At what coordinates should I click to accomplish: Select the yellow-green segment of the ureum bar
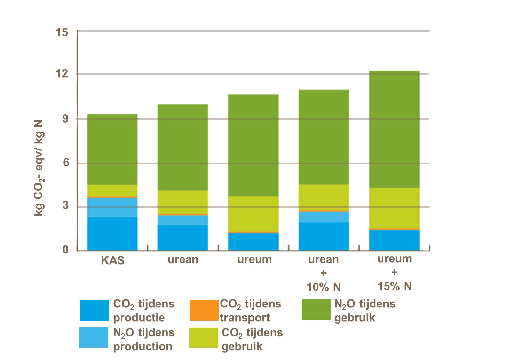(253, 213)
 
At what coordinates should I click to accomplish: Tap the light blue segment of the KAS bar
(112, 207)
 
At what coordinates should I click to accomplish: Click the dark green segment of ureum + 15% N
(394, 129)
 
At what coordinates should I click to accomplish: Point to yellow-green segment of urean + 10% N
(324, 197)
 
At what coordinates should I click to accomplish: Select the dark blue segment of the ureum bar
(253, 241)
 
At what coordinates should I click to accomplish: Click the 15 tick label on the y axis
(62, 32)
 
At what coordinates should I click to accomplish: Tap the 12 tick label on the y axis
(62, 74)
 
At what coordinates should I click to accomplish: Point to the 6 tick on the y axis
(65, 163)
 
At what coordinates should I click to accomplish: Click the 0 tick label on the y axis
(65, 250)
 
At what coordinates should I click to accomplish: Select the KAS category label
(112, 260)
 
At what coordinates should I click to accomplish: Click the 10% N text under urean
(324, 287)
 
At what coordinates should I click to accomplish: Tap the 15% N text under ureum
(394, 286)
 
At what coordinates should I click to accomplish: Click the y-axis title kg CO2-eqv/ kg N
(39, 168)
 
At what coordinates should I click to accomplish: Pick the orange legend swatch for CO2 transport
(204, 310)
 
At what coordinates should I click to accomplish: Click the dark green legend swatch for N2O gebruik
(316, 310)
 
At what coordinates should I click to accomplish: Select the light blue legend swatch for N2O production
(94, 337)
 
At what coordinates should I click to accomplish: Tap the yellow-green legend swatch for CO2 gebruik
(204, 337)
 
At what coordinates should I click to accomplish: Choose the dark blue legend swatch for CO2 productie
(94, 310)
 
